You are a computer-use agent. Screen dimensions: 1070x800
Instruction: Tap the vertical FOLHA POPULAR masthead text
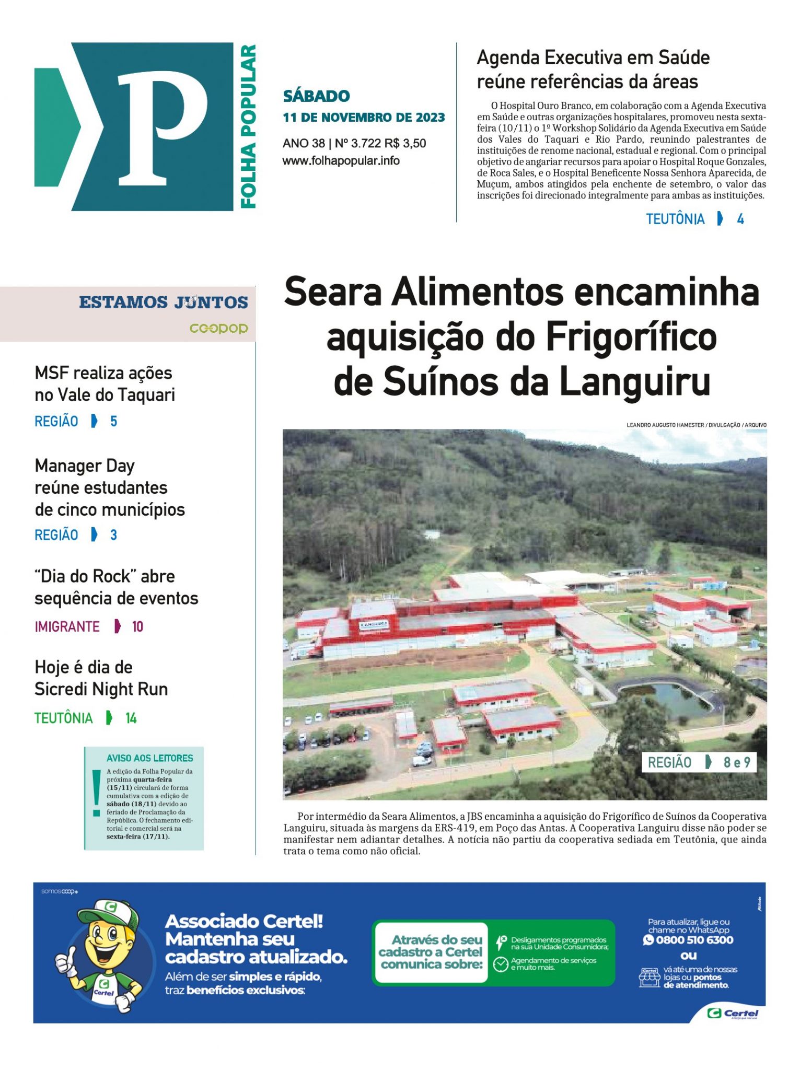248,126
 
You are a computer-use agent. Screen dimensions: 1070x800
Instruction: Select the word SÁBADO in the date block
316,96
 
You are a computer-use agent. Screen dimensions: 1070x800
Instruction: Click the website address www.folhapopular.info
341,161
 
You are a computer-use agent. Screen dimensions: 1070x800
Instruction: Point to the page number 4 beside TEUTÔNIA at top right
740,219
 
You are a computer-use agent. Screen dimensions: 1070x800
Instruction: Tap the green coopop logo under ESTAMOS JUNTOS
218,328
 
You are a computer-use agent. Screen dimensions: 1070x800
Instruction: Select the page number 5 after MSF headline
113,421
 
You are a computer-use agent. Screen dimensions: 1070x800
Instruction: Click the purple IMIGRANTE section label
67,626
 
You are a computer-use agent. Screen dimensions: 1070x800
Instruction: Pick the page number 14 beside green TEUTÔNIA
131,718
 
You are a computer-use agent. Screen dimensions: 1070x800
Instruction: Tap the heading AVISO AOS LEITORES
149,758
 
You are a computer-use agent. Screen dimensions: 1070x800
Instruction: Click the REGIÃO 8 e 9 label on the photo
699,762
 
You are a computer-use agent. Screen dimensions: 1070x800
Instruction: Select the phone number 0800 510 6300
694,940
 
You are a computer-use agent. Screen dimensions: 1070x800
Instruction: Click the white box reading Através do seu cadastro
432,952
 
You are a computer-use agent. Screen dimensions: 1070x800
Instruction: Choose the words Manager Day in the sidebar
85,466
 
